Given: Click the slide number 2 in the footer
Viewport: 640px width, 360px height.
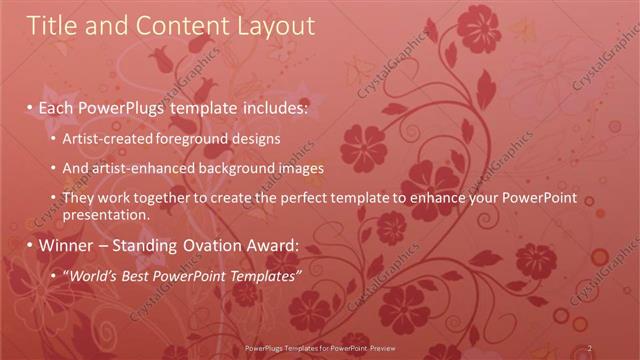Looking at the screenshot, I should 590,348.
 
